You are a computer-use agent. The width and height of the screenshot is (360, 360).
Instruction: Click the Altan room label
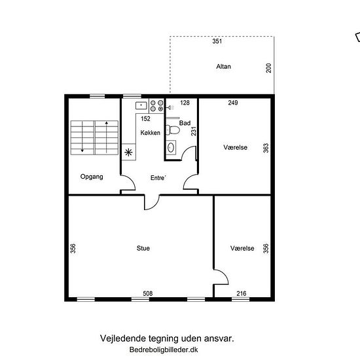[223, 67]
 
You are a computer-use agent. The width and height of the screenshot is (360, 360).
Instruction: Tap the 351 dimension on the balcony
[217, 41]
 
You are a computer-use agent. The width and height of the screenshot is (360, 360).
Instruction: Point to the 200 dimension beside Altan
[268, 68]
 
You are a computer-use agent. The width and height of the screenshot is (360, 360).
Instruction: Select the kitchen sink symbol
[141, 105]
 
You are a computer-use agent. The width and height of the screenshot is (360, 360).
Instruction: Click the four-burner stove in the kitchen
[157, 105]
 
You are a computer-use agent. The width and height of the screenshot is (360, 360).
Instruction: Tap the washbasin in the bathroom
[171, 148]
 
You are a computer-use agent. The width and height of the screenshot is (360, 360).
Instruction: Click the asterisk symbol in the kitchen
[128, 152]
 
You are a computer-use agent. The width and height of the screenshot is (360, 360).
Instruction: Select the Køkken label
[150, 133]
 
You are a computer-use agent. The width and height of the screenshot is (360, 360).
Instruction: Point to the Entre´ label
[158, 177]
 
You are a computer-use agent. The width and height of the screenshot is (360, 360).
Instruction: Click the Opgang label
[92, 177]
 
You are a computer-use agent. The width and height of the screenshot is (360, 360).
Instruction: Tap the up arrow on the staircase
[107, 137]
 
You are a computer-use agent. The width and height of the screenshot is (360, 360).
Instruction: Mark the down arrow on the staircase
[82, 137]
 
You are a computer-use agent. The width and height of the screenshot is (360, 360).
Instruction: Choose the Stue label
[143, 248]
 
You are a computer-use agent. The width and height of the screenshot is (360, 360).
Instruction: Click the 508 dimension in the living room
[148, 293]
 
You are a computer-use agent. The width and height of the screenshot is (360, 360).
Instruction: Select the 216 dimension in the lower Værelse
[242, 293]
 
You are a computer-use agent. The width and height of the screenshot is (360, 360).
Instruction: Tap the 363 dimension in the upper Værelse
[266, 148]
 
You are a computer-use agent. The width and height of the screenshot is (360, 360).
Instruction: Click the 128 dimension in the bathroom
[185, 103]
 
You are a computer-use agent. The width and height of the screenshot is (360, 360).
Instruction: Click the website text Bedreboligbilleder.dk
[164, 350]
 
